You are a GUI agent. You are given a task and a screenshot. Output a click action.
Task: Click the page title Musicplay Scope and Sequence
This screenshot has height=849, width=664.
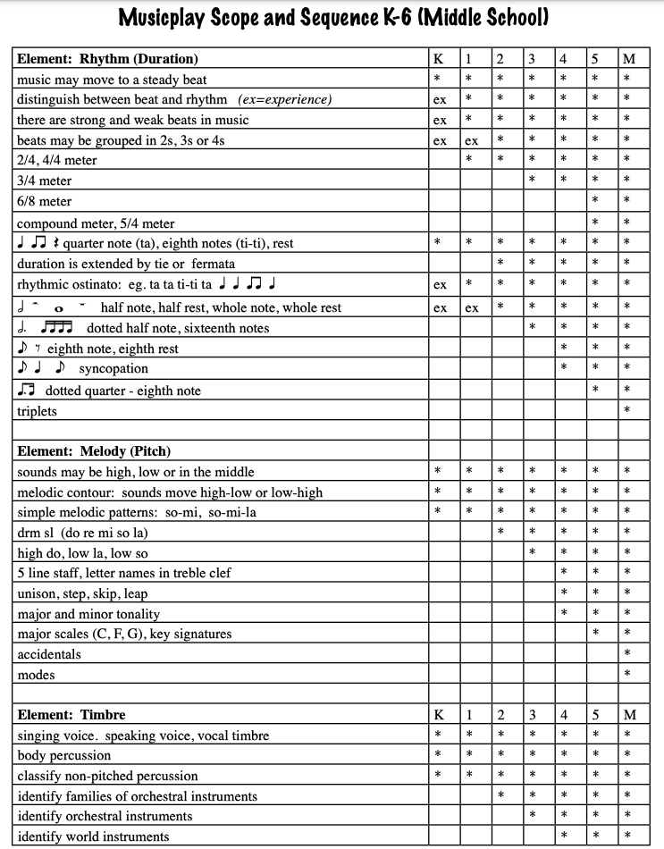coord(332,18)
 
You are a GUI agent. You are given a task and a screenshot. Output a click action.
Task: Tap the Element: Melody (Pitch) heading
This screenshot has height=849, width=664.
coord(93,451)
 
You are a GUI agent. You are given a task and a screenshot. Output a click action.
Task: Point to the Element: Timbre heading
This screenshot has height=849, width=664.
coord(71,714)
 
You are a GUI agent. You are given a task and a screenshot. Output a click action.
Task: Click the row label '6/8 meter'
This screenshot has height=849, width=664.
coord(44,202)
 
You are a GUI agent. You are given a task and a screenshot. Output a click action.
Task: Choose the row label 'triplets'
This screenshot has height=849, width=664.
coord(37,411)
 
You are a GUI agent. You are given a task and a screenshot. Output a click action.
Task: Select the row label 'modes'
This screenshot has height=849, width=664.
coord(36,675)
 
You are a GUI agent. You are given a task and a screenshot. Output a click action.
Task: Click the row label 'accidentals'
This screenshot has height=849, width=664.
coord(49,654)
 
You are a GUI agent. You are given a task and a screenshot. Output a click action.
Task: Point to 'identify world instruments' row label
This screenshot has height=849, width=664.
coord(93,836)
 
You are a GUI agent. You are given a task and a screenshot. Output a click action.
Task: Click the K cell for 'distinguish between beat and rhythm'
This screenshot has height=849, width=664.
coord(440,100)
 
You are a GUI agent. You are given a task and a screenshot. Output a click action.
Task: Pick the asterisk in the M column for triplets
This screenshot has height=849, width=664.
coord(626,411)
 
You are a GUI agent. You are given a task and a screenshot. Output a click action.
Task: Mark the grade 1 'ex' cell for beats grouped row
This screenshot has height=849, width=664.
coord(471,141)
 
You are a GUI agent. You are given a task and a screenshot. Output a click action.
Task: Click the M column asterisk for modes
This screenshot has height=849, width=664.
coord(626,675)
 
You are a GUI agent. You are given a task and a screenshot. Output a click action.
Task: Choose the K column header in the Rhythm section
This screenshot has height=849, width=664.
coord(438,60)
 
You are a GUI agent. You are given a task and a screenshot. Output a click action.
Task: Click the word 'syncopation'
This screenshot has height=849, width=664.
coord(113,369)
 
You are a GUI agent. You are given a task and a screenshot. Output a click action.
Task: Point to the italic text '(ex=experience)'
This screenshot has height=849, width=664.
coord(284,100)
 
